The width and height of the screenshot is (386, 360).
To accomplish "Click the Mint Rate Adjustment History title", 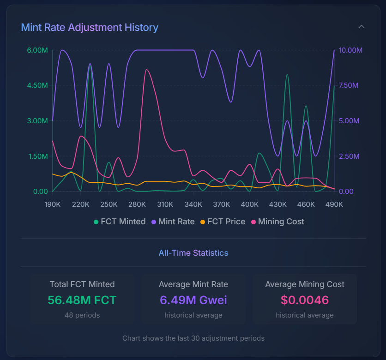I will pyautogui.click(x=90, y=27).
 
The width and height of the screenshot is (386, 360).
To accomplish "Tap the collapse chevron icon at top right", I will pyautogui.click(x=362, y=27).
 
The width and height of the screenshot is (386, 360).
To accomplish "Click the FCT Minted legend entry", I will pyautogui.click(x=120, y=222).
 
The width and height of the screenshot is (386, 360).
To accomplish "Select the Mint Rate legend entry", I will pyautogui.click(x=173, y=222).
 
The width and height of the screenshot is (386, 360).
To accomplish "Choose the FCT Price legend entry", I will pyautogui.click(x=223, y=222).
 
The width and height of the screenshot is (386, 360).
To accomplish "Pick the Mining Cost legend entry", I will pyautogui.click(x=277, y=222).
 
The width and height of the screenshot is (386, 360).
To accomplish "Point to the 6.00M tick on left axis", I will pyautogui.click(x=37, y=50).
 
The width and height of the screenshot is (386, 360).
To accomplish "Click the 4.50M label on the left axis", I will pyautogui.click(x=37, y=85).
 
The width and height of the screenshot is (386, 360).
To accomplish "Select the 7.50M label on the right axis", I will pyautogui.click(x=349, y=85).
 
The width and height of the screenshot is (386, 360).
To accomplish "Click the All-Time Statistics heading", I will pyautogui.click(x=193, y=253).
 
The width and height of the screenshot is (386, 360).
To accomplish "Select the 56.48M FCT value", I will pyautogui.click(x=82, y=300).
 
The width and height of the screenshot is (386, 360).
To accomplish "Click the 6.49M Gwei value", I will pyautogui.click(x=193, y=300).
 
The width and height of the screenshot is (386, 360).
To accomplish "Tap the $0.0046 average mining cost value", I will pyautogui.click(x=305, y=300).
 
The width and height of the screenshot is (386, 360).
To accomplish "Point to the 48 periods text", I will pyautogui.click(x=82, y=315).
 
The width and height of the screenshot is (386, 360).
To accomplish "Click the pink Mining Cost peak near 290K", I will pyautogui.click(x=146, y=70).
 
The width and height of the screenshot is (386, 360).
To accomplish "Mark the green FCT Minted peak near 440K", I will pyautogui.click(x=287, y=74).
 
